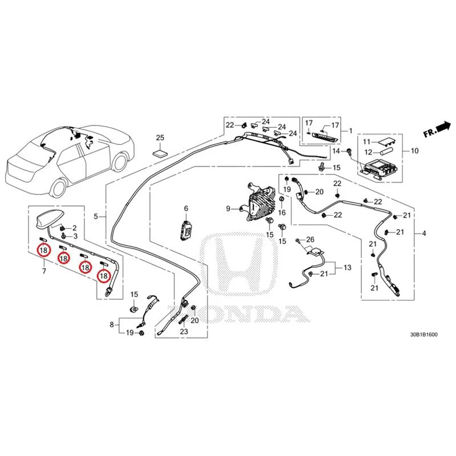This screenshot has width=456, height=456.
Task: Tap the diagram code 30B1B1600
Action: (x=424, y=335)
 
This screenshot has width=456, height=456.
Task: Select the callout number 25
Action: (x=160, y=137)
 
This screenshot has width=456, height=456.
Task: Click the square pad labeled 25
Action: (x=160, y=154)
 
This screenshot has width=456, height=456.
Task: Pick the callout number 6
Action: (x=186, y=208)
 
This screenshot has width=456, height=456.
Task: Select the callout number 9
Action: (x=229, y=209)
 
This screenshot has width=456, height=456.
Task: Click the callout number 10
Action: (x=414, y=150)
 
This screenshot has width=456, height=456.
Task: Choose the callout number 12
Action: (x=368, y=152)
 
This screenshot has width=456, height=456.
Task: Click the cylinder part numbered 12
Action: (x=386, y=151)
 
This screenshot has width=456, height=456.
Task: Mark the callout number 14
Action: (x=336, y=150)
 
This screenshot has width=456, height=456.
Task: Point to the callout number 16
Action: (x=282, y=213)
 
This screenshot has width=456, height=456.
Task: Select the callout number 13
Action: (x=348, y=267)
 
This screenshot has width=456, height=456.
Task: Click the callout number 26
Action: (x=310, y=239)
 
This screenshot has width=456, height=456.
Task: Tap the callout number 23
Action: (x=184, y=331)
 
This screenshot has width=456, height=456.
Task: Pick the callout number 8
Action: (x=112, y=324)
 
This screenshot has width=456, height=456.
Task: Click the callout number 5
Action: (x=96, y=217)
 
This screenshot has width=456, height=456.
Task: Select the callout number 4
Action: (x=424, y=233)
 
